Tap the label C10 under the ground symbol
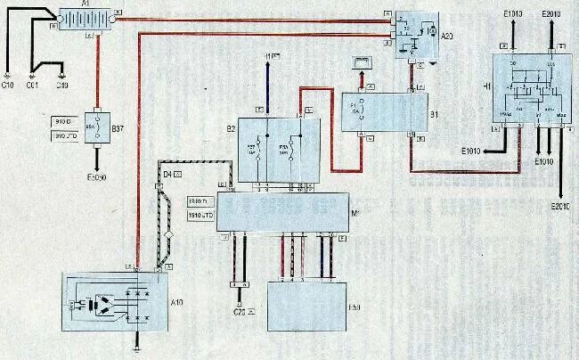tap(8, 86)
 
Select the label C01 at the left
tap(32, 86)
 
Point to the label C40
tap(61, 86)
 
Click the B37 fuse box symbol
tap(96, 128)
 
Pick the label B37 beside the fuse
tap(117, 129)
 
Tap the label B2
tap(230, 129)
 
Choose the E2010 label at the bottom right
tap(560, 208)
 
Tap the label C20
tap(239, 312)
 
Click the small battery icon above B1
tap(363, 61)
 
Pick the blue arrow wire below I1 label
tap(268, 85)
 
